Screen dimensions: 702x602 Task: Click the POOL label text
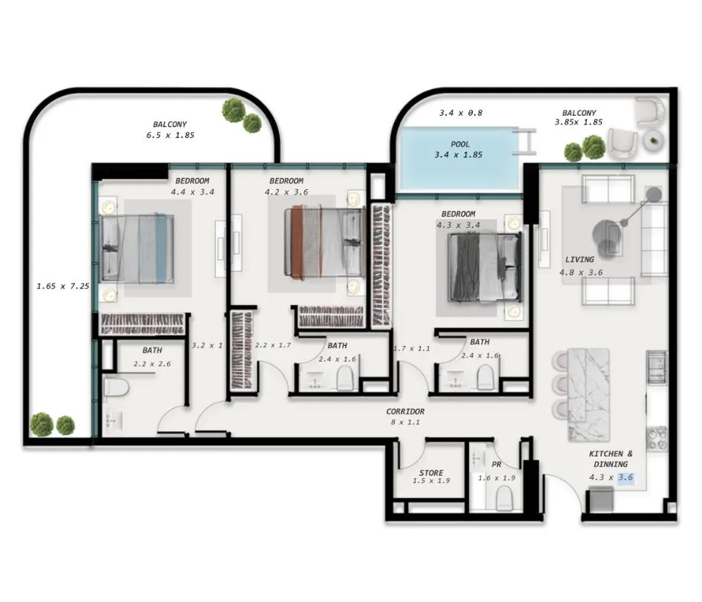point(460,144)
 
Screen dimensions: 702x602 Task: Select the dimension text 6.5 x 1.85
point(170,135)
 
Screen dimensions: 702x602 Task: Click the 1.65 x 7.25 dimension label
point(62,286)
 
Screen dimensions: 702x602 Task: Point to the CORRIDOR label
point(405,411)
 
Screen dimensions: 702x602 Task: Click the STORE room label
point(431,473)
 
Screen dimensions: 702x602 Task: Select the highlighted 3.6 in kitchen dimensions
point(626,477)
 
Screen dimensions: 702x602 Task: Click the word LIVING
point(580,259)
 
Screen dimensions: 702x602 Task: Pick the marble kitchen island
point(588,395)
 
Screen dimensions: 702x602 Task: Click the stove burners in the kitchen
point(657,438)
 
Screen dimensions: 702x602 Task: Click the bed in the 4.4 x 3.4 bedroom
point(137,248)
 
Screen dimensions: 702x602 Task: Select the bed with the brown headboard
point(325,242)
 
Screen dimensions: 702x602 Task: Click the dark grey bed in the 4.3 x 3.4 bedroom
point(485,268)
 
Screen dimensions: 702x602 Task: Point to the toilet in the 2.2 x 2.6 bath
point(116,388)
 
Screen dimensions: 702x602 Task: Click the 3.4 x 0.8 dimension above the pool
point(461,113)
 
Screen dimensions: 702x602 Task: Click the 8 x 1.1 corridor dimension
point(405,422)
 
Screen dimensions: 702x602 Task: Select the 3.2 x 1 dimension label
point(207,345)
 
